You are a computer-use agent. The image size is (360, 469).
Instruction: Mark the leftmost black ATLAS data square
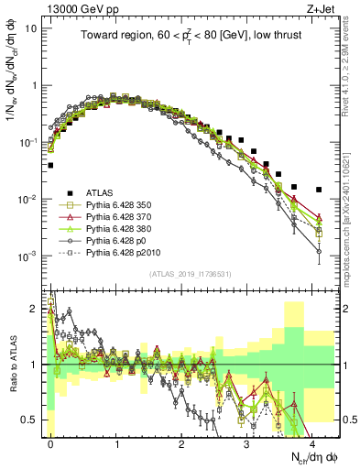pos(50,166)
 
